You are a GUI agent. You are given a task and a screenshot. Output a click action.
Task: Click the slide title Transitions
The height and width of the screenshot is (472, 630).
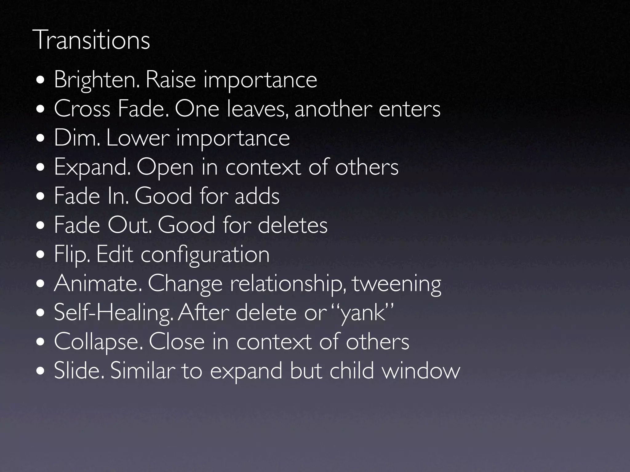coord(93,40)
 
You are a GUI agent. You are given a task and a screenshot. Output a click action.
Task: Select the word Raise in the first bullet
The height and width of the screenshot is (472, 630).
coord(170,80)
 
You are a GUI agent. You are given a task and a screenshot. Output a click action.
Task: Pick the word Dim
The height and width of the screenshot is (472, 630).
coord(77,138)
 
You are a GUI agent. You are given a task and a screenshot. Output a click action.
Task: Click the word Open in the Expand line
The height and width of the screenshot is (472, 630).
coord(165,168)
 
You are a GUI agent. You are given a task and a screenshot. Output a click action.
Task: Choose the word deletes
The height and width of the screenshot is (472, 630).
coord(293,225)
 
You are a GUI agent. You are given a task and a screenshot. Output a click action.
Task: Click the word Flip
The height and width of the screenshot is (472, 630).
coord(72,255)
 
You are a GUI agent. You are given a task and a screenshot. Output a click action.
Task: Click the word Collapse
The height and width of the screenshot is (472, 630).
coord(98,342)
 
